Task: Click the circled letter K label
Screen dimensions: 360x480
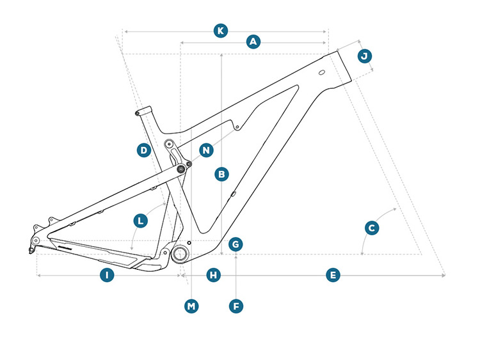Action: tap(220, 31)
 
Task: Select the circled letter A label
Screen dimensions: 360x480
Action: tap(253, 42)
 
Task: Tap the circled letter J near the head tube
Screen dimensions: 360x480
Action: tap(364, 56)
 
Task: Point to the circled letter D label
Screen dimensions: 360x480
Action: tap(144, 151)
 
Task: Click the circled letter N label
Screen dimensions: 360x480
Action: tap(206, 151)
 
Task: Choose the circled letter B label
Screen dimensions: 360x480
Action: tap(221, 173)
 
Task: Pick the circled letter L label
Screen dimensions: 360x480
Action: tap(141, 221)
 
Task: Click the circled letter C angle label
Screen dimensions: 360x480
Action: tap(371, 228)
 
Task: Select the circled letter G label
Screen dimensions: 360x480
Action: tap(236, 244)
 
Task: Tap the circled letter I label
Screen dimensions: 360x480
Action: tap(107, 276)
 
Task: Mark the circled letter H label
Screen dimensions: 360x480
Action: tap(214, 276)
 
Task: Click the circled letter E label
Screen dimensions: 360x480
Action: tap(332, 276)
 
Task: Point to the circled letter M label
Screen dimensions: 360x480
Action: tap(191, 306)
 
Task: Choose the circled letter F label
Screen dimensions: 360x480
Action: tap(236, 306)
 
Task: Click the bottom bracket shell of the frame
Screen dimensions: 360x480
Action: tap(179, 254)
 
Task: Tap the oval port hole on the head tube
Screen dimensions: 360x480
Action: tap(323, 72)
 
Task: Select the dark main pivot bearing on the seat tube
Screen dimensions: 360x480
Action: tap(181, 168)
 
